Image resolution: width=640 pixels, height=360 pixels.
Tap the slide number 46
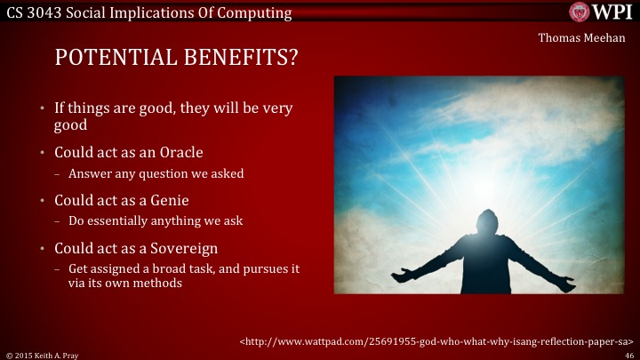pyautogui.click(x=628, y=354)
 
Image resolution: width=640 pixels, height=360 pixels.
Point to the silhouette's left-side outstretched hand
pyautogui.click(x=401, y=276)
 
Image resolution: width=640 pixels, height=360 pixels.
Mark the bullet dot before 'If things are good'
pyautogui.click(x=42, y=108)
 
